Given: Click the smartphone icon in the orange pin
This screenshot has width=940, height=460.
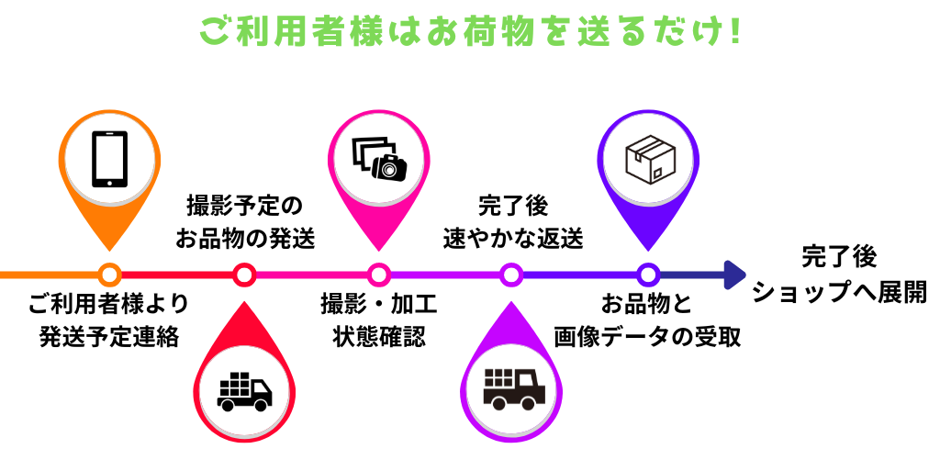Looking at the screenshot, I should click(109, 159).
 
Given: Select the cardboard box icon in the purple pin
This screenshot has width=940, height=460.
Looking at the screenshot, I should click(647, 159).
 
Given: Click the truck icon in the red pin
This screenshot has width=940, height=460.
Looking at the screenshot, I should click(244, 391).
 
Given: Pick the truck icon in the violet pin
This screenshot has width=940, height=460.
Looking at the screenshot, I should click(512, 391).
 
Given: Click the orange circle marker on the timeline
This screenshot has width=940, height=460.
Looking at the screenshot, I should click(109, 274).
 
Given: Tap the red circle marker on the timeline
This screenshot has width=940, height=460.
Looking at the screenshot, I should click(244, 274).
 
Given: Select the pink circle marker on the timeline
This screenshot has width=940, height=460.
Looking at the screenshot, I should click(378, 274).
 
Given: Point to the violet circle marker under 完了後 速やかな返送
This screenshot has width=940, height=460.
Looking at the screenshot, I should click(512, 274).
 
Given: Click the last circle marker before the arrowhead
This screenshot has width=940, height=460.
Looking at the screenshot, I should click(647, 274).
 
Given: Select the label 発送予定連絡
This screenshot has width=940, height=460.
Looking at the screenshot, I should click(109, 336).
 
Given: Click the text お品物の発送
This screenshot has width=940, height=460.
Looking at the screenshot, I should click(245, 239).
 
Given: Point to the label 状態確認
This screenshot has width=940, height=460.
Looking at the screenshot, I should click(378, 336).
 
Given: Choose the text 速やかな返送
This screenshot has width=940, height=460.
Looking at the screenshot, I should click(513, 239).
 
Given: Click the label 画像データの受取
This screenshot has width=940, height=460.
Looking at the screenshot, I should click(647, 336).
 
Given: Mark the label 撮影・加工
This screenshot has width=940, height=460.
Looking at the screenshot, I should click(378, 304).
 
